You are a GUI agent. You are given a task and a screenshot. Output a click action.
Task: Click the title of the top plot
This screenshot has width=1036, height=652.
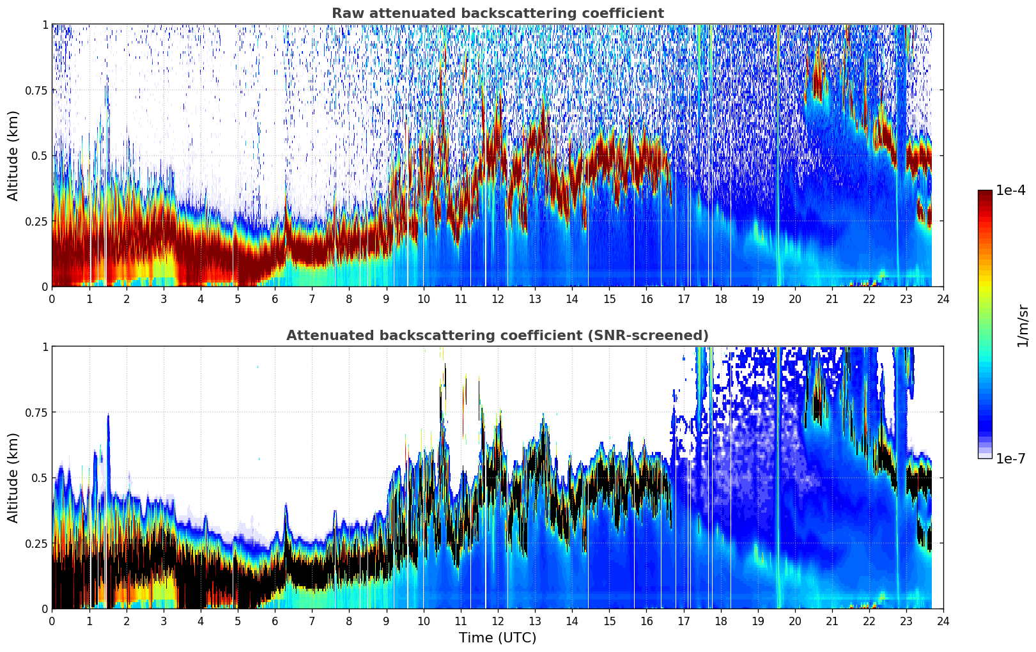coord(498,13)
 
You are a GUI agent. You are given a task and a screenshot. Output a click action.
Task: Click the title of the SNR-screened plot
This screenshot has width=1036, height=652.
coord(498,335)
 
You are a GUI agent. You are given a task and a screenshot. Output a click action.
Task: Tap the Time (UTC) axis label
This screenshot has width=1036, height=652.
coord(498,638)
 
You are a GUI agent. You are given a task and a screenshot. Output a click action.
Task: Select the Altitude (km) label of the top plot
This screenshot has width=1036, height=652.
coord(13,156)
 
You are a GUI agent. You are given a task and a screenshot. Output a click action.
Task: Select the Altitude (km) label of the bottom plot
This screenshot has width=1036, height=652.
coord(13,478)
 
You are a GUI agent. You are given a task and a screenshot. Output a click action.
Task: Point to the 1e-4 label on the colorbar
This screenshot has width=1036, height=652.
coord(1010,190)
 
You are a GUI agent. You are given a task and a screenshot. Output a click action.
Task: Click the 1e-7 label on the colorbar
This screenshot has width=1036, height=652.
coord(1010,459)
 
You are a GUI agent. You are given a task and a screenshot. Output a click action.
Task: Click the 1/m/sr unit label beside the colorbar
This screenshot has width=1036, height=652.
coord(1023,325)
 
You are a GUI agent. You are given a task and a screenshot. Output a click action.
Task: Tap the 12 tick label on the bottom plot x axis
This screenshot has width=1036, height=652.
coord(498,621)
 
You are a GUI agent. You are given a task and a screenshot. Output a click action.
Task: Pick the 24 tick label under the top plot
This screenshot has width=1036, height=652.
coord(943,299)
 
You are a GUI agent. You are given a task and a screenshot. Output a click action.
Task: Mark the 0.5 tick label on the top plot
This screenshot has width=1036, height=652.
coord(39,156)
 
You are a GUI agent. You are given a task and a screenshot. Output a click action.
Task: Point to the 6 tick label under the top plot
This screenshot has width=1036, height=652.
coord(275,299)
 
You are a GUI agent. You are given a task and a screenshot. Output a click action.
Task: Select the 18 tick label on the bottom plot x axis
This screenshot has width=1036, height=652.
coord(720,621)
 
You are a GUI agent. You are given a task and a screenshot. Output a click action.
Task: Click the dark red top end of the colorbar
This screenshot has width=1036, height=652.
coord(985,192)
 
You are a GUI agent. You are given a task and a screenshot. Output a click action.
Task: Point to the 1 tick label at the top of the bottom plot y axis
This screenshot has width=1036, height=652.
coord(45,347)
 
